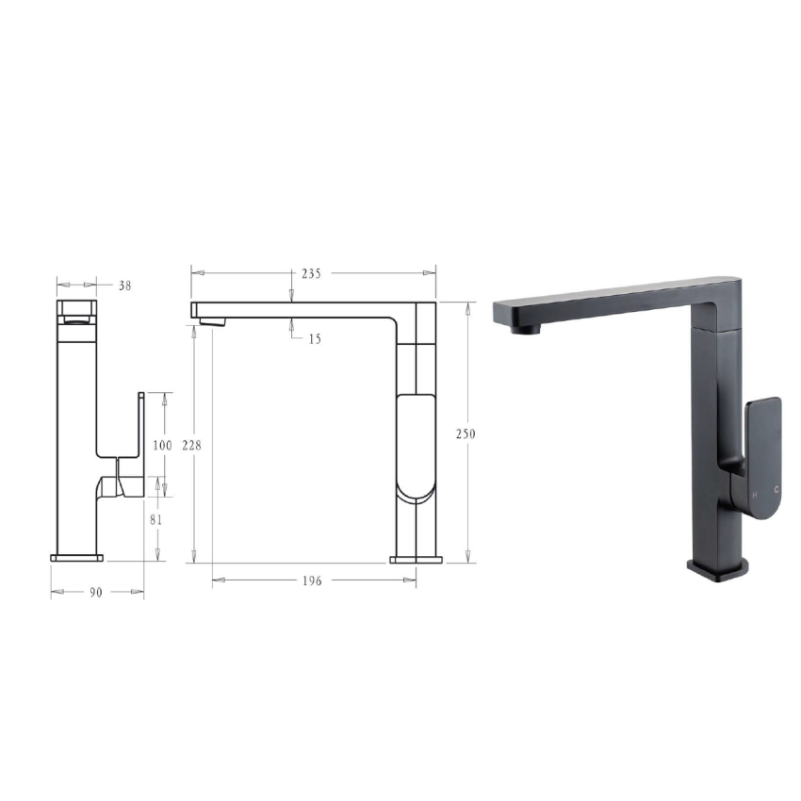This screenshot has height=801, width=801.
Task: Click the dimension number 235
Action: click(311, 273)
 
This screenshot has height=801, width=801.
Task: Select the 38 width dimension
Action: click(124, 285)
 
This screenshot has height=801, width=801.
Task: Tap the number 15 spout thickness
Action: click(314, 338)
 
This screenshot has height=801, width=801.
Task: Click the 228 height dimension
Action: click(192, 444)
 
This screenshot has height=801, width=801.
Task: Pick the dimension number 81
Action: click(156, 518)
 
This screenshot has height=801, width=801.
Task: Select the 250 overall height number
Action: click(466, 433)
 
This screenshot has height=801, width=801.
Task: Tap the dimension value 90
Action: click(96, 592)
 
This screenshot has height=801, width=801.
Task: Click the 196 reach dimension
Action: click(313, 580)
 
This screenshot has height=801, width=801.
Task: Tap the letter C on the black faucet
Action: click(776, 490)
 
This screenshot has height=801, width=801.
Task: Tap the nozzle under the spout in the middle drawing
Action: click(214, 322)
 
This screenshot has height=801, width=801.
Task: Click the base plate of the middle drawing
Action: click(416, 560)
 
